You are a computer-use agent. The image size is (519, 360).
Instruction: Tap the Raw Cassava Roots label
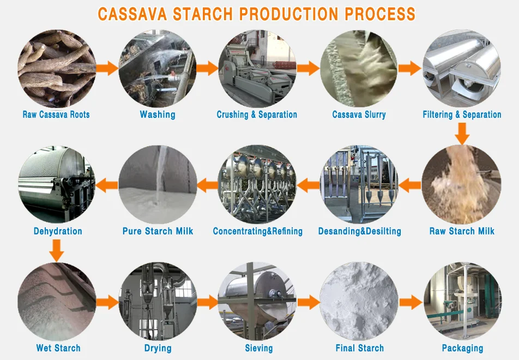pos(56,115)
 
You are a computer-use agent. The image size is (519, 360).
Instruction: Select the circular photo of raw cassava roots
pos(56,68)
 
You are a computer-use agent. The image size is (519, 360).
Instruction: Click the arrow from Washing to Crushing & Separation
pos(207,68)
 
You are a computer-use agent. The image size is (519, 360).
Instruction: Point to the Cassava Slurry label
pos(359,115)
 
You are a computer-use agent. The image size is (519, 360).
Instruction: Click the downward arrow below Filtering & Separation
pos(462,133)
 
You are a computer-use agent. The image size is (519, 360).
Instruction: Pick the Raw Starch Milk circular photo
pos(461,185)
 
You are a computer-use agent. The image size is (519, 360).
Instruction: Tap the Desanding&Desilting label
pos(359,231)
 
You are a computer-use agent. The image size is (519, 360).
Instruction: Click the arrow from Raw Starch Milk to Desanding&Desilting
pos(411,185)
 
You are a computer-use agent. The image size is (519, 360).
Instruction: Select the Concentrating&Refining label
pos(257,231)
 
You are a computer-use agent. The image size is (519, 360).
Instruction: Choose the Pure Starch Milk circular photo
pos(158,184)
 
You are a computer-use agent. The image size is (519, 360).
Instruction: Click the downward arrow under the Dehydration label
pos(57,250)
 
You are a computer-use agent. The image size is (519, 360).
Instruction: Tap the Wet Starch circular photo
pos(57,302)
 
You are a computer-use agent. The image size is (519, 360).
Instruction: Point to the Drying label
pos(158,348)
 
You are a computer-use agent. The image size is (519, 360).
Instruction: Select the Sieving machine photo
pos(257,302)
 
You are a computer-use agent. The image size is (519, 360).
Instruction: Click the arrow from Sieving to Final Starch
pos(309,302)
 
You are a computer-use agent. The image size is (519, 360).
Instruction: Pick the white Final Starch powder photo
pos(359,302)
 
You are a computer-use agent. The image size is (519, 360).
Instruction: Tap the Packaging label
pos(462,348)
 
